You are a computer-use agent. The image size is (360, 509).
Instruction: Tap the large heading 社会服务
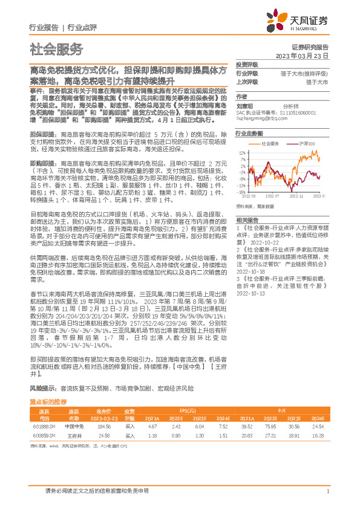pyautogui.click(x=56, y=50)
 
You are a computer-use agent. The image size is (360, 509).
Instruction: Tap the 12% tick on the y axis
pyautogui.click(x=242, y=152)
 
